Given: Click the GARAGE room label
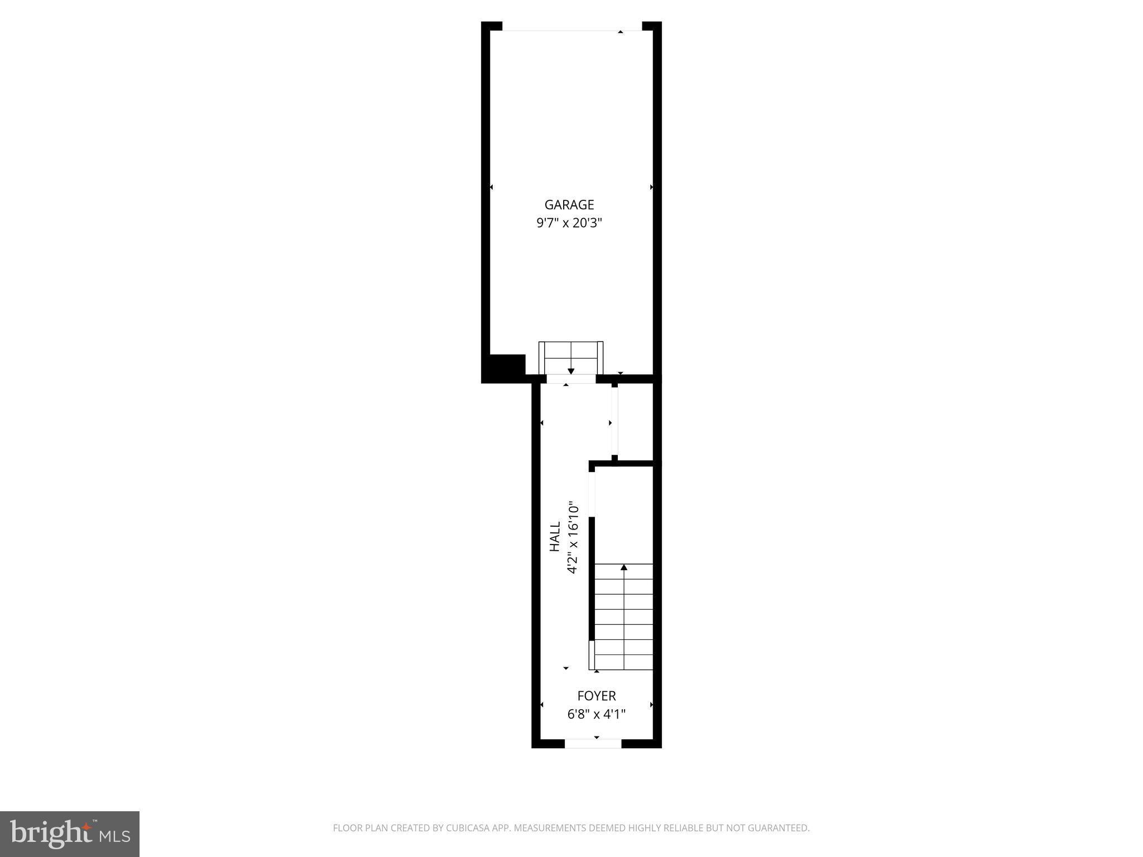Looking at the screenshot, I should [569, 205].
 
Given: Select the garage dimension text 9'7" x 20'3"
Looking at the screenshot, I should [569, 223].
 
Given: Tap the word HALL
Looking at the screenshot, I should [555, 537].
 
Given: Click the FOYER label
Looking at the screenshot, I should [596, 696].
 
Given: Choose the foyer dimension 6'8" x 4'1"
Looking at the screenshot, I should [596, 714].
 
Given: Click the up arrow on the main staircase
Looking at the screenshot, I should [624, 568].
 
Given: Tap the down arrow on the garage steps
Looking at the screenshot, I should [571, 371].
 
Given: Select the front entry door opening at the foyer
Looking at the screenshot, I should [593, 743].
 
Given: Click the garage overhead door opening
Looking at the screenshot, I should [572, 31].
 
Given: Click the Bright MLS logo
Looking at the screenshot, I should [70, 834].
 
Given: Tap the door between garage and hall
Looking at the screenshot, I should [571, 379].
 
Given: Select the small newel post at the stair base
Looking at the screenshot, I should [592, 655].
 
